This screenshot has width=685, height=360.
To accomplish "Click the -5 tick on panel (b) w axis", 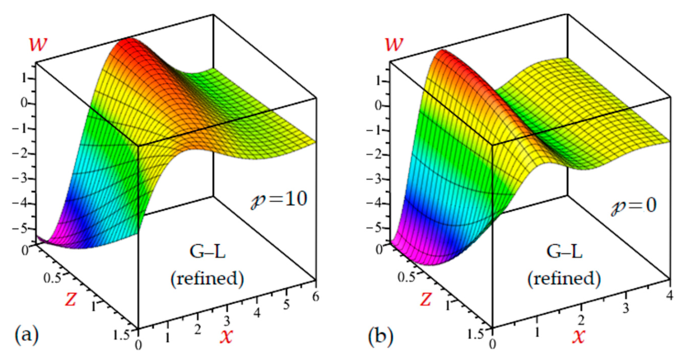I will coord(375,228).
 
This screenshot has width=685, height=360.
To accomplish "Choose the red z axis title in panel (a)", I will coord(70,300).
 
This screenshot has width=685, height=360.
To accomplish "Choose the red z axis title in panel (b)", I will coord(425,300).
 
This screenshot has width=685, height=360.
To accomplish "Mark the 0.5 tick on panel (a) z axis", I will coord(52,279).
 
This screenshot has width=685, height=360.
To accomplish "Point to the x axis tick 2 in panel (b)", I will coord(581,321).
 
